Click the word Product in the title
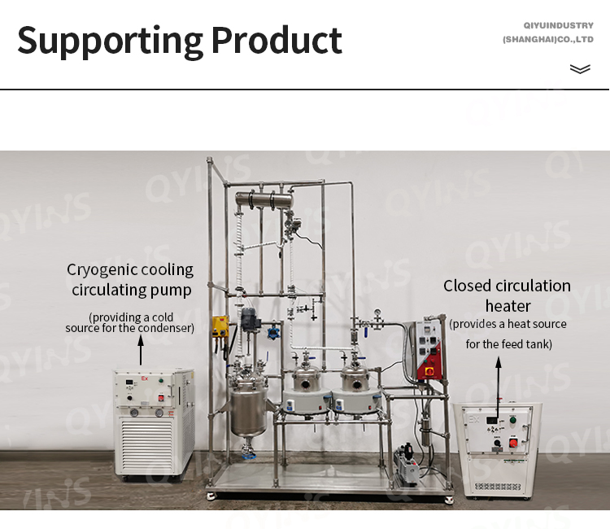277,40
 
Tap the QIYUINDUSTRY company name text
558,26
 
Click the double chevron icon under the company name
580,69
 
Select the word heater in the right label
508,306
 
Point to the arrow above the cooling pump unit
141,350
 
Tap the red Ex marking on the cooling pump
145,378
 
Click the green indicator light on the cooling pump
161,380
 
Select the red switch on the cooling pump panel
161,398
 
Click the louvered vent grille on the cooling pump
146,444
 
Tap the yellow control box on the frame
220,327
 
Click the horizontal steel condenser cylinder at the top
264,200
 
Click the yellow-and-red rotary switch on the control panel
430,371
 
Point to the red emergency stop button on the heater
513,443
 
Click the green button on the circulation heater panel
512,421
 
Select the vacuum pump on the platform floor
407,466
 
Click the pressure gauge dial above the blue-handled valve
377,313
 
